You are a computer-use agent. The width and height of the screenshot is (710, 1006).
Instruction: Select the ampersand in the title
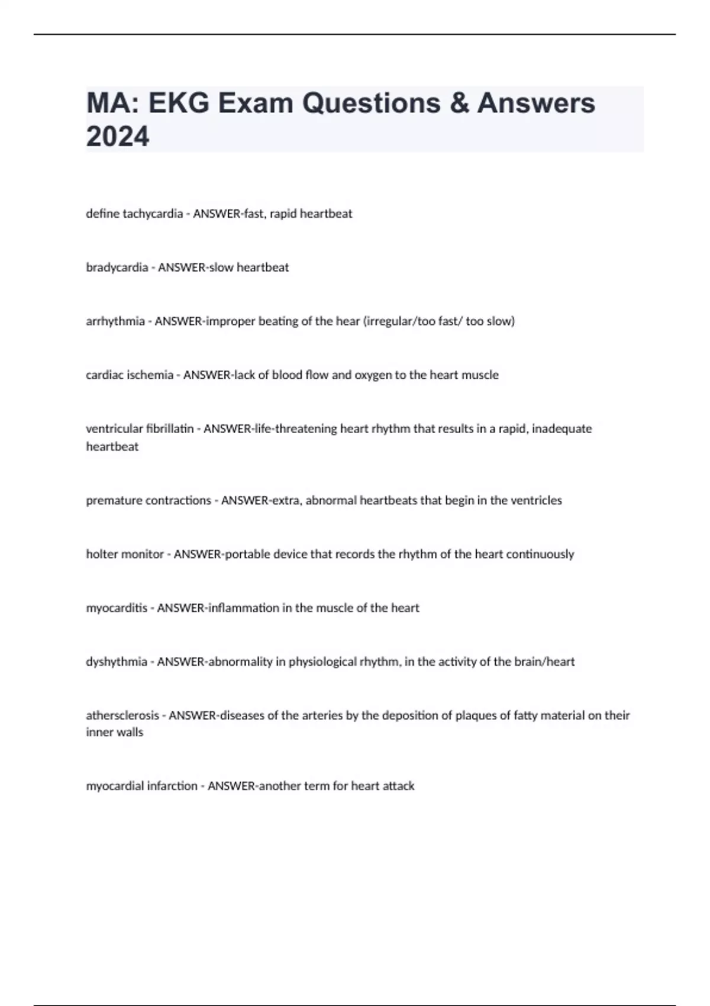click(459, 103)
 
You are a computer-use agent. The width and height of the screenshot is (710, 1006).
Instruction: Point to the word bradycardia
click(117, 267)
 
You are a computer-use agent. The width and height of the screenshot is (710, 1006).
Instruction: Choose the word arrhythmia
click(115, 321)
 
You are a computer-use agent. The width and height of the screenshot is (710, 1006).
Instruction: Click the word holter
click(101, 554)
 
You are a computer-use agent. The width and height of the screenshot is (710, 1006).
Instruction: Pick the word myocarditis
click(117, 608)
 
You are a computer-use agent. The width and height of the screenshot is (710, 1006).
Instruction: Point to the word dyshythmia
click(117, 662)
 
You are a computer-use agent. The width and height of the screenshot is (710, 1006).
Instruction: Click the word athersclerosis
click(122, 715)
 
